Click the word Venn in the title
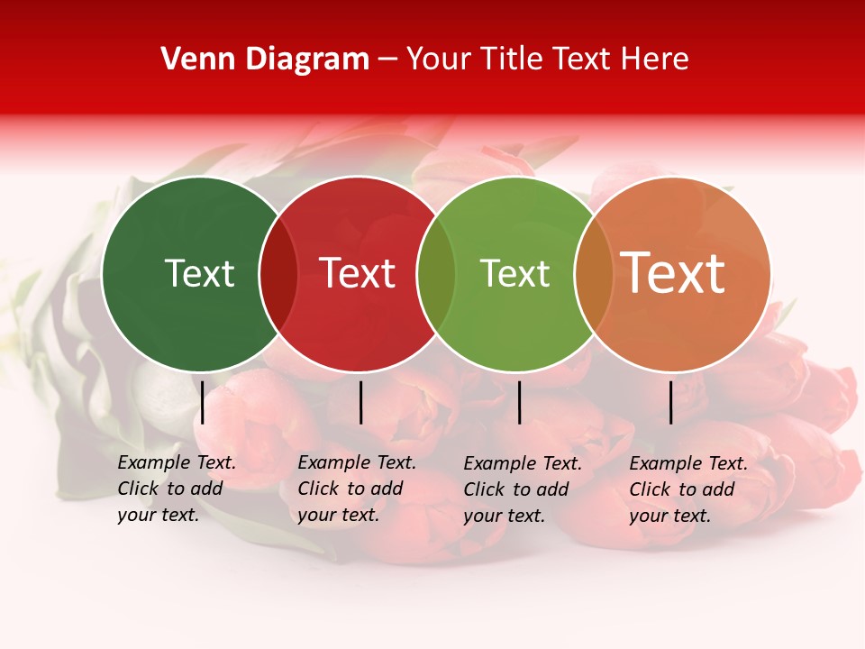point(192,59)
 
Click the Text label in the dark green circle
point(199,273)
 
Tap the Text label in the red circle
point(357,273)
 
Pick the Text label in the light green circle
point(514,273)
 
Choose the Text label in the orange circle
point(672,273)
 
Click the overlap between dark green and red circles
point(278,273)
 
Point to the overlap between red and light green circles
point(436,273)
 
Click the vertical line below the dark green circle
point(203,402)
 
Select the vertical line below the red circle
point(360,402)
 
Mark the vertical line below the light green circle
point(519,402)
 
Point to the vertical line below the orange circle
point(671,402)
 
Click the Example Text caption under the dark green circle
point(176,489)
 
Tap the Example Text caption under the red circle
point(356,489)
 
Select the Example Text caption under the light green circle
point(522,489)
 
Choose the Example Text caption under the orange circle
point(687,489)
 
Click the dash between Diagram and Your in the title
point(387,59)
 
